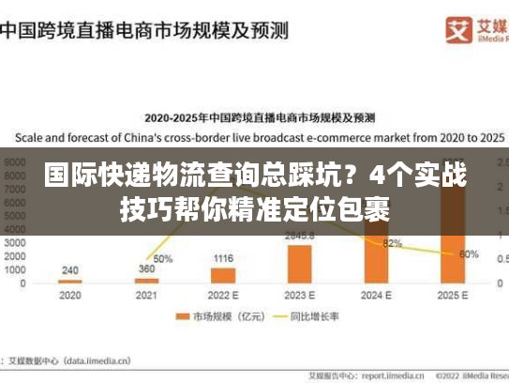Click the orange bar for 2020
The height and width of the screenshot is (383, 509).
point(69,281)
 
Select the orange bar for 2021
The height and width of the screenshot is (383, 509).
point(146,280)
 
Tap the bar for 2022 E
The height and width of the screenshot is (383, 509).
point(223,275)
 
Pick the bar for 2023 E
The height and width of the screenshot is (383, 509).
point(300,263)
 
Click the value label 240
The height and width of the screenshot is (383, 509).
point(69,270)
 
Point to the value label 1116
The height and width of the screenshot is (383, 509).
point(223,258)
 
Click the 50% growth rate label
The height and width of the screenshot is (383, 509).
point(163,258)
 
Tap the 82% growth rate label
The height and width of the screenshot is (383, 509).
point(393,243)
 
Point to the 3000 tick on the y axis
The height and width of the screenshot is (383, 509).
point(14,241)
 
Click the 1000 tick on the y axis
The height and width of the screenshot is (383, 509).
point(14,268)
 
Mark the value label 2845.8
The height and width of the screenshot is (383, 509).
point(300,236)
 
